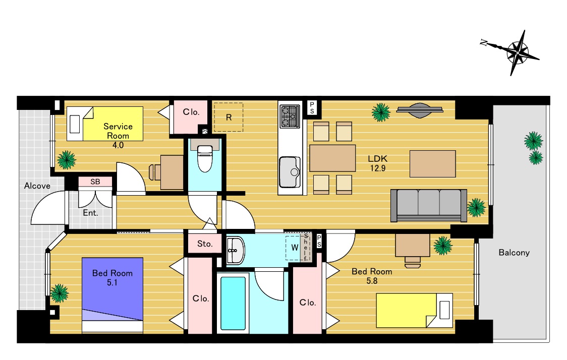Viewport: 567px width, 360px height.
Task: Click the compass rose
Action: click(518, 53)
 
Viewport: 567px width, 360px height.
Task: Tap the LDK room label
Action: click(377, 159)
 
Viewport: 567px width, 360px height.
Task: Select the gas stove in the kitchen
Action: click(290, 116)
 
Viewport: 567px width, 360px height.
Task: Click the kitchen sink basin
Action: click(290, 172)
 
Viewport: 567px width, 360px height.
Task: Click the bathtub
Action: click(233, 303)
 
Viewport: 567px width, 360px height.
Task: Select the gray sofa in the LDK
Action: click(428, 205)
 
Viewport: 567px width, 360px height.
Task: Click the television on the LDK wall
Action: click(420, 110)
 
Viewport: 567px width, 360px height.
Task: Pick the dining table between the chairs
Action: click(332, 158)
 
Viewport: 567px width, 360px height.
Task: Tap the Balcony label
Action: click(514, 253)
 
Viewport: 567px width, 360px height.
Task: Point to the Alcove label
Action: click(37, 186)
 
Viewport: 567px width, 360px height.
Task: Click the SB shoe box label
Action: click(95, 182)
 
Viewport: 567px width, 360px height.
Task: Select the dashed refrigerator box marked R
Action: click(229, 117)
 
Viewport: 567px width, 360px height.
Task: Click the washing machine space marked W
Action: click(295, 248)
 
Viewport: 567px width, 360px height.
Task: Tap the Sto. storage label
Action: click(205, 244)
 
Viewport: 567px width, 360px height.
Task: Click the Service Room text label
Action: click(118, 131)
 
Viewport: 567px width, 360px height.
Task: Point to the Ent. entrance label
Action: click(90, 213)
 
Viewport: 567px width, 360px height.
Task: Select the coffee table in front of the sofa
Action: click(432, 164)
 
